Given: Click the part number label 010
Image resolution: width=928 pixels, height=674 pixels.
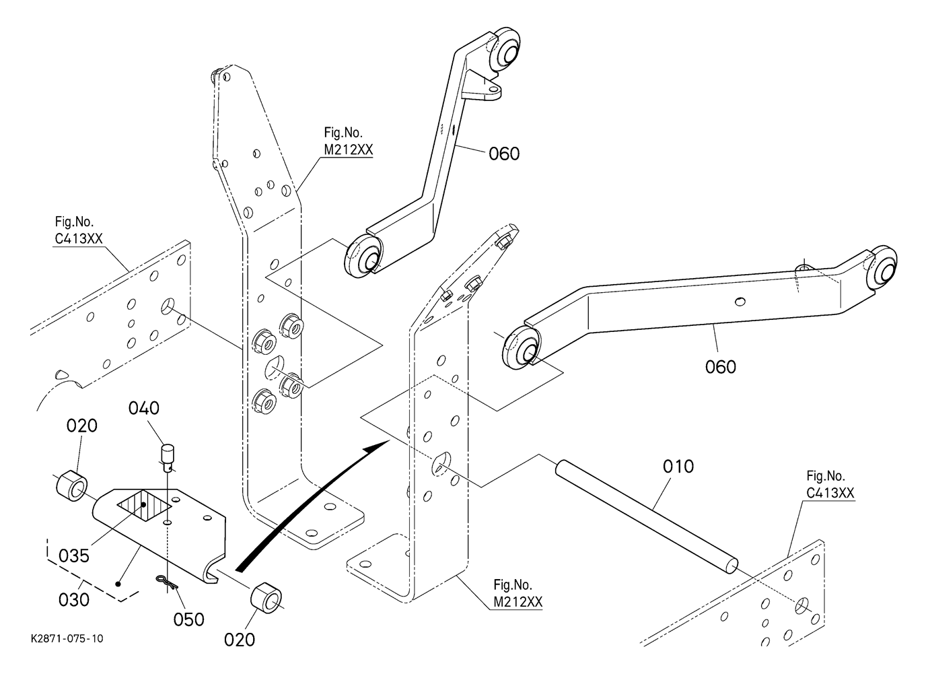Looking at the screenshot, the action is point(678,467).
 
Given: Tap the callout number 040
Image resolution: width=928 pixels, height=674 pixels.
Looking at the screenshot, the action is point(144,408).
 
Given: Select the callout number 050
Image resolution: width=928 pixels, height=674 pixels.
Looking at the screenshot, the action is point(189,619).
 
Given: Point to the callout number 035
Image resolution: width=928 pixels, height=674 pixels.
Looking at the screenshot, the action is point(74,556).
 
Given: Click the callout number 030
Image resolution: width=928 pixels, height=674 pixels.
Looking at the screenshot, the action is point(74,600).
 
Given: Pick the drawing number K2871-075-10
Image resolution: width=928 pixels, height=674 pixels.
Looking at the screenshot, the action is point(67,638).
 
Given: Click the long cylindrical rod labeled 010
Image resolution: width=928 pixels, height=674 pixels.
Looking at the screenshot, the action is point(646,516).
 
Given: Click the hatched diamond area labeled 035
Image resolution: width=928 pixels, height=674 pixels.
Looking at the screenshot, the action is point(144,505).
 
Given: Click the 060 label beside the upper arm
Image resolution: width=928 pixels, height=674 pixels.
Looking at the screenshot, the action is point(504,154).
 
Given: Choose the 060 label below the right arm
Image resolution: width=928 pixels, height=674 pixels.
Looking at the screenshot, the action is point(721,367).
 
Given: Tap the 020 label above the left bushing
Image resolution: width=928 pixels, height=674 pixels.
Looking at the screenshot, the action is point(82,426).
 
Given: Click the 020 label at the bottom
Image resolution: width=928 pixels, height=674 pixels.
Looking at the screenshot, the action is point(240,640).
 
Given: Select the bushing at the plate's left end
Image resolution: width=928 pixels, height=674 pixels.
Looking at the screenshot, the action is point(72,485).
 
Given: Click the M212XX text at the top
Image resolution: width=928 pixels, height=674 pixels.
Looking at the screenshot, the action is point(349,150).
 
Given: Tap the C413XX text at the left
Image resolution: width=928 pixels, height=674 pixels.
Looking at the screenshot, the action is point(79,239).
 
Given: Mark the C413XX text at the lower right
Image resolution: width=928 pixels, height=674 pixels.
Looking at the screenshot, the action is point(830,493).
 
